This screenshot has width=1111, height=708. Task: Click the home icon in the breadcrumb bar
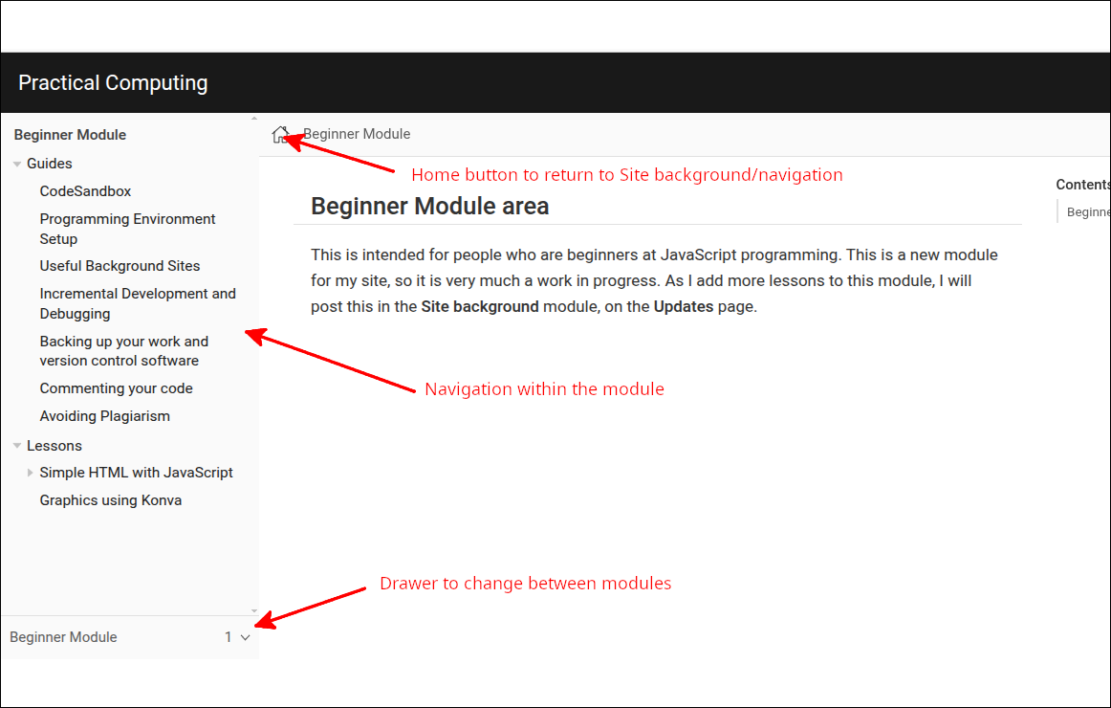pos(280,135)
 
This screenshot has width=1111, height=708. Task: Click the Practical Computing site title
pos(113,83)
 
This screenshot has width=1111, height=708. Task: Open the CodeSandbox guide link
pos(85,191)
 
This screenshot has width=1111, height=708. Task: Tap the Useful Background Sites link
pos(120,266)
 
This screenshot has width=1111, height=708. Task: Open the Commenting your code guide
pos(116,388)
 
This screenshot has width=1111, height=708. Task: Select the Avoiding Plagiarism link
pos(104,416)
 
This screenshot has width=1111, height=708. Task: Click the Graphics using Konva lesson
pos(110,500)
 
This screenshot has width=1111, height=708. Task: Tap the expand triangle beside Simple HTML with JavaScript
pos(31,473)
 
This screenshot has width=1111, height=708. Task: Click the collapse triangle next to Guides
pos(17,165)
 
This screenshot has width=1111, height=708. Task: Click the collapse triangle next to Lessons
pos(17,446)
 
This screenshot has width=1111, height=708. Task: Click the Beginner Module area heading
pos(429,206)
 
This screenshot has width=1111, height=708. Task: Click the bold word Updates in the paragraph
pos(683,307)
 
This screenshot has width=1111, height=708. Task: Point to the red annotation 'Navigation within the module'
pos(544,389)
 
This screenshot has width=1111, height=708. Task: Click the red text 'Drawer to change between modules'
pos(525,584)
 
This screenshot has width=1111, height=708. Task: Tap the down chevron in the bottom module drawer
pos(245,637)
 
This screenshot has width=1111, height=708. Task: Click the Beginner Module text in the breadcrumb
pos(357,134)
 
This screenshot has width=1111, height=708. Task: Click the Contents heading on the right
pos(1082,185)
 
